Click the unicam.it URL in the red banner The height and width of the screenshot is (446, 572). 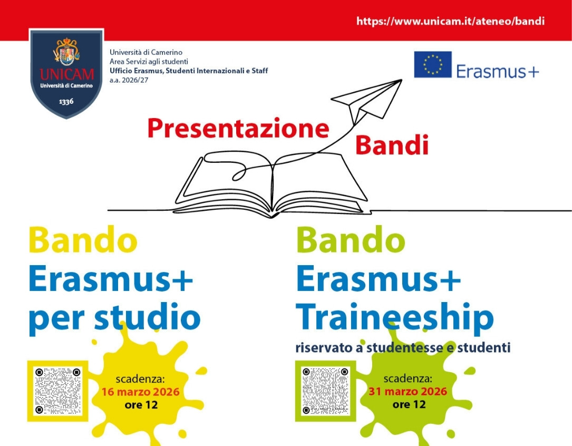point(451,21)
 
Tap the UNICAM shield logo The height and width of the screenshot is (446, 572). point(66,74)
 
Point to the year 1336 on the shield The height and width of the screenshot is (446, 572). point(66,101)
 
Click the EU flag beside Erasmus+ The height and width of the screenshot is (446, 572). point(433,64)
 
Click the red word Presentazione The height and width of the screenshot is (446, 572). point(238,128)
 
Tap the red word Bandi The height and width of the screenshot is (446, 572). point(392,145)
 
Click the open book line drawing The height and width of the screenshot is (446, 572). point(272,185)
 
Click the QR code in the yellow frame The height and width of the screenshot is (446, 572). point(57,391)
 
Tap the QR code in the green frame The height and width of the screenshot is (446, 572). point(325,391)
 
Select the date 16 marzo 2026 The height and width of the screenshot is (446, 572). point(140,392)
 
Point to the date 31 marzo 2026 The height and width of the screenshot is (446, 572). point(408,392)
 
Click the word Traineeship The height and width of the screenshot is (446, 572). point(395,318)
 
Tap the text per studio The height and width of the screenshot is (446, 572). point(114,318)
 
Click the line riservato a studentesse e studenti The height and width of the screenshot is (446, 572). point(403,347)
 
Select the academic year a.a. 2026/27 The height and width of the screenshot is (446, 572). point(129,80)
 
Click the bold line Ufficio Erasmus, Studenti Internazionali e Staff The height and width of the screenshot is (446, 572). point(189,71)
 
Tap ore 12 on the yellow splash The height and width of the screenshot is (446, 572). point(141,405)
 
